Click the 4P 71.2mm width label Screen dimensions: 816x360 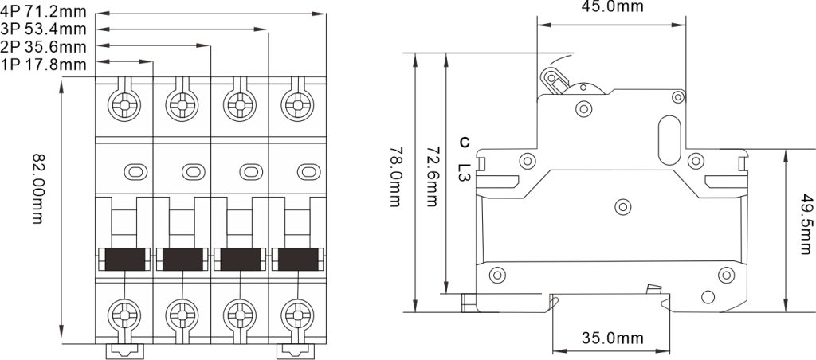tap(43, 12)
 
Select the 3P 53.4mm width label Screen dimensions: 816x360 tap(43, 29)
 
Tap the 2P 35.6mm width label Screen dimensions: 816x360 tap(43, 47)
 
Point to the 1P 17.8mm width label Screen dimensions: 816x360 tap(43, 65)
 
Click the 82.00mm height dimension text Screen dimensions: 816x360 tap(37, 188)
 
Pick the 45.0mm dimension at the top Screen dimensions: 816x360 tap(611, 6)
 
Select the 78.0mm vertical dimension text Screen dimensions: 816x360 tap(395, 177)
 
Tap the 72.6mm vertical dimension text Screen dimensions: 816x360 tap(431, 177)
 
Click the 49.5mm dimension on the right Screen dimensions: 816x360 tap(806, 225)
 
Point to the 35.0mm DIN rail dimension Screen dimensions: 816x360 tap(611, 338)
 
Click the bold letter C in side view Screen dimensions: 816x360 tap(465, 142)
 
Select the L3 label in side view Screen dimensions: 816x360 tap(465, 172)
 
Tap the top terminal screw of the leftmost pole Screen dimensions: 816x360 tap(124, 105)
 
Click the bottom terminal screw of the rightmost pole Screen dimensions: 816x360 tap(298, 315)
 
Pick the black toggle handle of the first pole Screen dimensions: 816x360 tap(125, 259)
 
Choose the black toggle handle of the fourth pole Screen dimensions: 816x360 tap(298, 259)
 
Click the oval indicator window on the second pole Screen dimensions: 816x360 tap(193, 171)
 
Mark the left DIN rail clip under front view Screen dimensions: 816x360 tap(125, 351)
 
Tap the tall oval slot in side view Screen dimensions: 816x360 tap(669, 140)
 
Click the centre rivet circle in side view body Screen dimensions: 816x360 tap(623, 207)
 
